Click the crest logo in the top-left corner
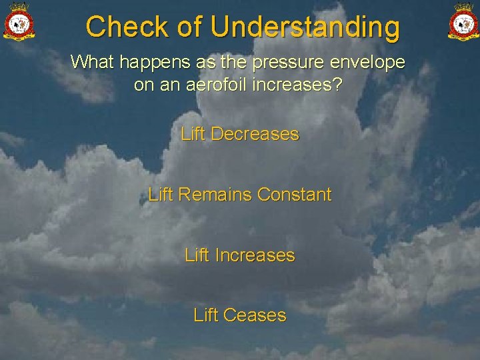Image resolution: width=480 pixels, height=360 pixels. (x=19, y=21)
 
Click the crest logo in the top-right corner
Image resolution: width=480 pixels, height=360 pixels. (x=463, y=21)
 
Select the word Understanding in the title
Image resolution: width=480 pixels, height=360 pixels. (x=305, y=27)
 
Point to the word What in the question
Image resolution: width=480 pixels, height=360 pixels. (x=92, y=62)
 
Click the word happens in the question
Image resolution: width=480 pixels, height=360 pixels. (x=153, y=63)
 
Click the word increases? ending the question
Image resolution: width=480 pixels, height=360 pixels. (x=304, y=85)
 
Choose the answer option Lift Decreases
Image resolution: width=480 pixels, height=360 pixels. (x=240, y=134)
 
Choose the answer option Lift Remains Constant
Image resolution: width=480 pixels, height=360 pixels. (x=240, y=195)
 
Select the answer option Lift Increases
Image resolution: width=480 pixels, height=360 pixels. (x=240, y=255)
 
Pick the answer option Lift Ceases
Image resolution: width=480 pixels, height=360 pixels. (x=240, y=315)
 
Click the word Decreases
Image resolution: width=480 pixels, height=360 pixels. (x=255, y=134)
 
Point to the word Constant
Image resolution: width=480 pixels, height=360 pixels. (x=294, y=195)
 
